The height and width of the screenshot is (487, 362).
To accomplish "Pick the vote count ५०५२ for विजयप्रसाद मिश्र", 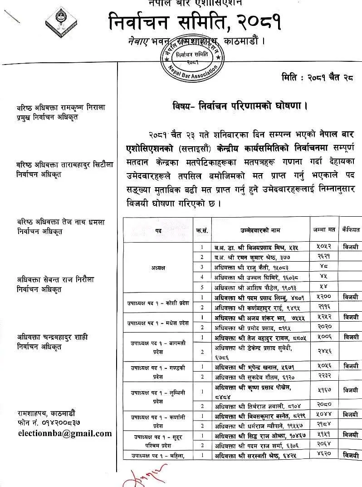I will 323,247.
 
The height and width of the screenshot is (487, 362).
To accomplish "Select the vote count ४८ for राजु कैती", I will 323,267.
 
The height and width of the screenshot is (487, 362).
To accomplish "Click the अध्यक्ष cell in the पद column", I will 158,267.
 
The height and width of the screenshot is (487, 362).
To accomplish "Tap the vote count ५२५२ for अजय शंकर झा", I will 323,317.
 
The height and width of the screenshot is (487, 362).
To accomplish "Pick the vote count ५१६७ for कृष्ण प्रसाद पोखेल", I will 323,390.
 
